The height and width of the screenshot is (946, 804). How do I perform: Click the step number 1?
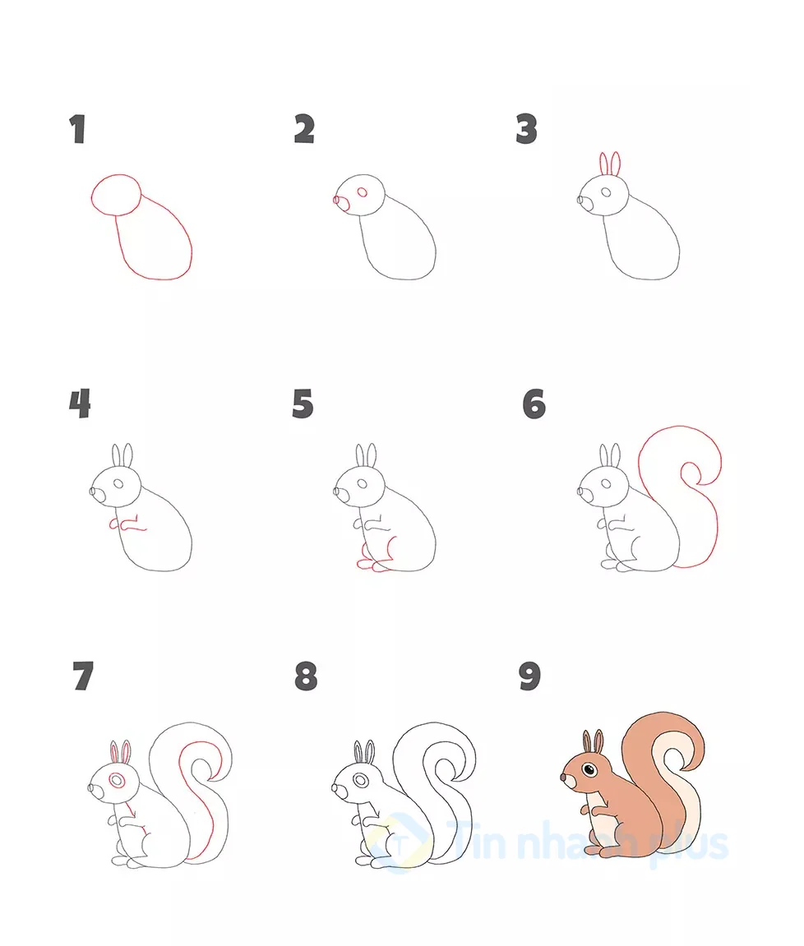(x=78, y=130)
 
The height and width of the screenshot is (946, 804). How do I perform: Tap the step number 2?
(x=304, y=130)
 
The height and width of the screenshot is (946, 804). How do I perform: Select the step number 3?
(x=527, y=130)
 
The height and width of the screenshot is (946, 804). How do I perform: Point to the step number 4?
(x=80, y=404)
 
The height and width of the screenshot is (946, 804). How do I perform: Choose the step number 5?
(x=303, y=404)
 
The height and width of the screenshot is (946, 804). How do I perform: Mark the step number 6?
(x=534, y=404)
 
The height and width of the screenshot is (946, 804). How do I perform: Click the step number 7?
(x=82, y=677)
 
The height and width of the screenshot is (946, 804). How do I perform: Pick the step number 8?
(x=305, y=677)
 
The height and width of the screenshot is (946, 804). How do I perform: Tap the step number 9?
(x=529, y=677)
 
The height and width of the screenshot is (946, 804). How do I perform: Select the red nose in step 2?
(x=336, y=201)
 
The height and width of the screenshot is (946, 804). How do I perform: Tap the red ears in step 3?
(x=609, y=164)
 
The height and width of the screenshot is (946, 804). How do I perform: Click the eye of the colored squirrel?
(x=589, y=769)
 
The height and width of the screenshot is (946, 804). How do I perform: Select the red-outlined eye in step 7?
(x=117, y=778)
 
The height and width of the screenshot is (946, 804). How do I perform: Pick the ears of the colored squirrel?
(x=594, y=741)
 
